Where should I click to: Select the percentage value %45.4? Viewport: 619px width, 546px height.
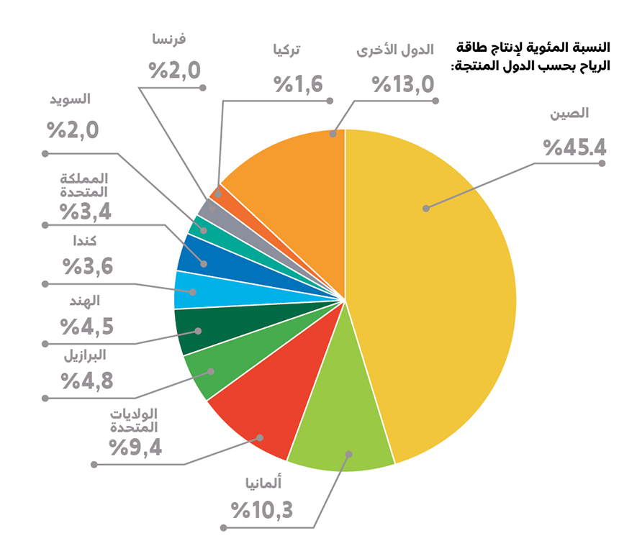[x=574, y=147]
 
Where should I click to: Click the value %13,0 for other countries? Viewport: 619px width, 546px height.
[x=403, y=85]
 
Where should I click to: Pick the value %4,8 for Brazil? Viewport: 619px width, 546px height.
[x=87, y=381]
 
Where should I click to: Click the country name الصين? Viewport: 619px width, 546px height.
[x=569, y=114]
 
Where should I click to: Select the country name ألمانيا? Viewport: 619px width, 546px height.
[x=268, y=483]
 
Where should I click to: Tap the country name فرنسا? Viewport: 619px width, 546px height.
[x=170, y=39]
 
